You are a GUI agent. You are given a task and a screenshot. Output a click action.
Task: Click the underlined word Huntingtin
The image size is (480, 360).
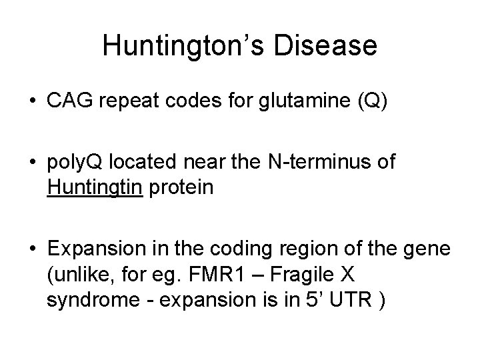pos(94,188)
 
